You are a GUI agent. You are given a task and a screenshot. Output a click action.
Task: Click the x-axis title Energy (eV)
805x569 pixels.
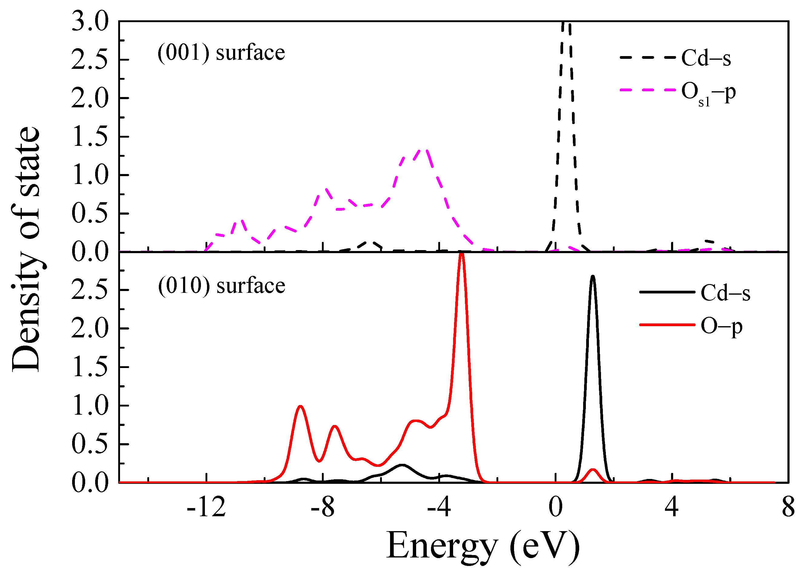point(483,546)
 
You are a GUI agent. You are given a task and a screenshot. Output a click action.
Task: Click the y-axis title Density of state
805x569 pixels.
point(26,249)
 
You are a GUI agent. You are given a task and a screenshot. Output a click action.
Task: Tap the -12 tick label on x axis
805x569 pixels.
point(206,508)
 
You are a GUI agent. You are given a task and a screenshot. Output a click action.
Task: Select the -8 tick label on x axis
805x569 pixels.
point(322,508)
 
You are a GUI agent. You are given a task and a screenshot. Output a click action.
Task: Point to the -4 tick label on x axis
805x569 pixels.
point(439,508)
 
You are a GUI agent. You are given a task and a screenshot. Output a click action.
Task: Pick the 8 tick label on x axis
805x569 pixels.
point(788,508)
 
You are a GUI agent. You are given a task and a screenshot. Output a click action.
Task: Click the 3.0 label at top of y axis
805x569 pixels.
point(90,22)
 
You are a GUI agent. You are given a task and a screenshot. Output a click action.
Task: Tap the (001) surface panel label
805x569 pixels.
point(221,53)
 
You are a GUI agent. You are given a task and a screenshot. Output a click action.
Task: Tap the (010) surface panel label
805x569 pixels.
point(221,286)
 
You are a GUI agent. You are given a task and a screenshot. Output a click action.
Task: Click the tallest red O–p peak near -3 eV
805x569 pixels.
point(462,255)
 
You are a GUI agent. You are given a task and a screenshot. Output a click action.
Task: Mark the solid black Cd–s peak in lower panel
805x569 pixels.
point(593,277)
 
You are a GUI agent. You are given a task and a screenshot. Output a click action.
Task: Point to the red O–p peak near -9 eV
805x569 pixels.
point(300,407)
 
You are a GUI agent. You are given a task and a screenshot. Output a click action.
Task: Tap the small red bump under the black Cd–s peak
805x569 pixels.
point(593,470)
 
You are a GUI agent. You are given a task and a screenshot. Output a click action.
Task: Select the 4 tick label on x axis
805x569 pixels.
point(671,508)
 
